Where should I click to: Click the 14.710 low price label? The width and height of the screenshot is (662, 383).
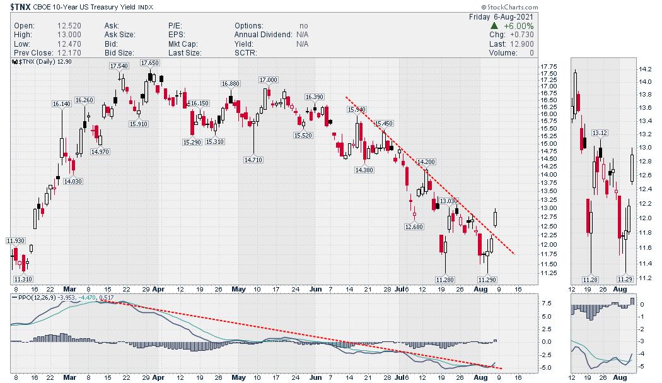coord(253,160)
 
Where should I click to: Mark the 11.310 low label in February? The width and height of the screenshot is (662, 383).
coord(23,278)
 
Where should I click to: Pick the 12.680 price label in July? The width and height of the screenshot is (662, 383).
coord(414,226)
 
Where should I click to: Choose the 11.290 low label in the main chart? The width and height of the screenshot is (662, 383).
coord(487,279)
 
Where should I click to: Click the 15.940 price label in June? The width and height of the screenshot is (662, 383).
coord(357,109)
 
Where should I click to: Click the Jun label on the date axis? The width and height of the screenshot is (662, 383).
coord(315,378)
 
